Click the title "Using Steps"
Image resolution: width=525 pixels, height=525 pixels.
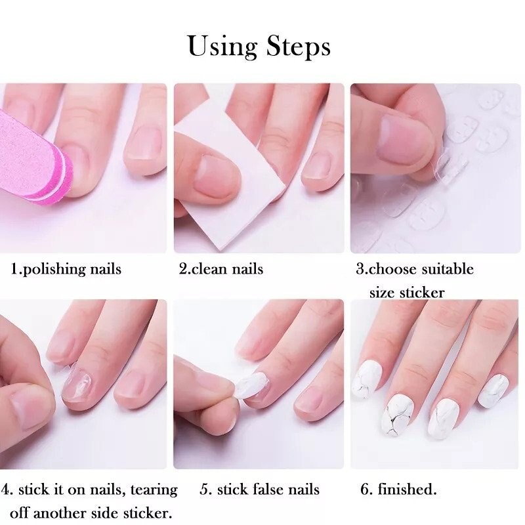[259, 47]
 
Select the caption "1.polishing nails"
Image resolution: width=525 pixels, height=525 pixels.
[66, 269]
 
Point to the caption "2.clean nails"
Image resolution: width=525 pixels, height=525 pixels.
[221, 269]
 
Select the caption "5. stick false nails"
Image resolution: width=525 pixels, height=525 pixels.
[259, 490]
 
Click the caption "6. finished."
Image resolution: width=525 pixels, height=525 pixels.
[398, 490]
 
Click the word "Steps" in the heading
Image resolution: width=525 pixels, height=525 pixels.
[299, 47]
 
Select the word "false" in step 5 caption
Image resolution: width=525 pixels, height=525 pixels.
[272, 490]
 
